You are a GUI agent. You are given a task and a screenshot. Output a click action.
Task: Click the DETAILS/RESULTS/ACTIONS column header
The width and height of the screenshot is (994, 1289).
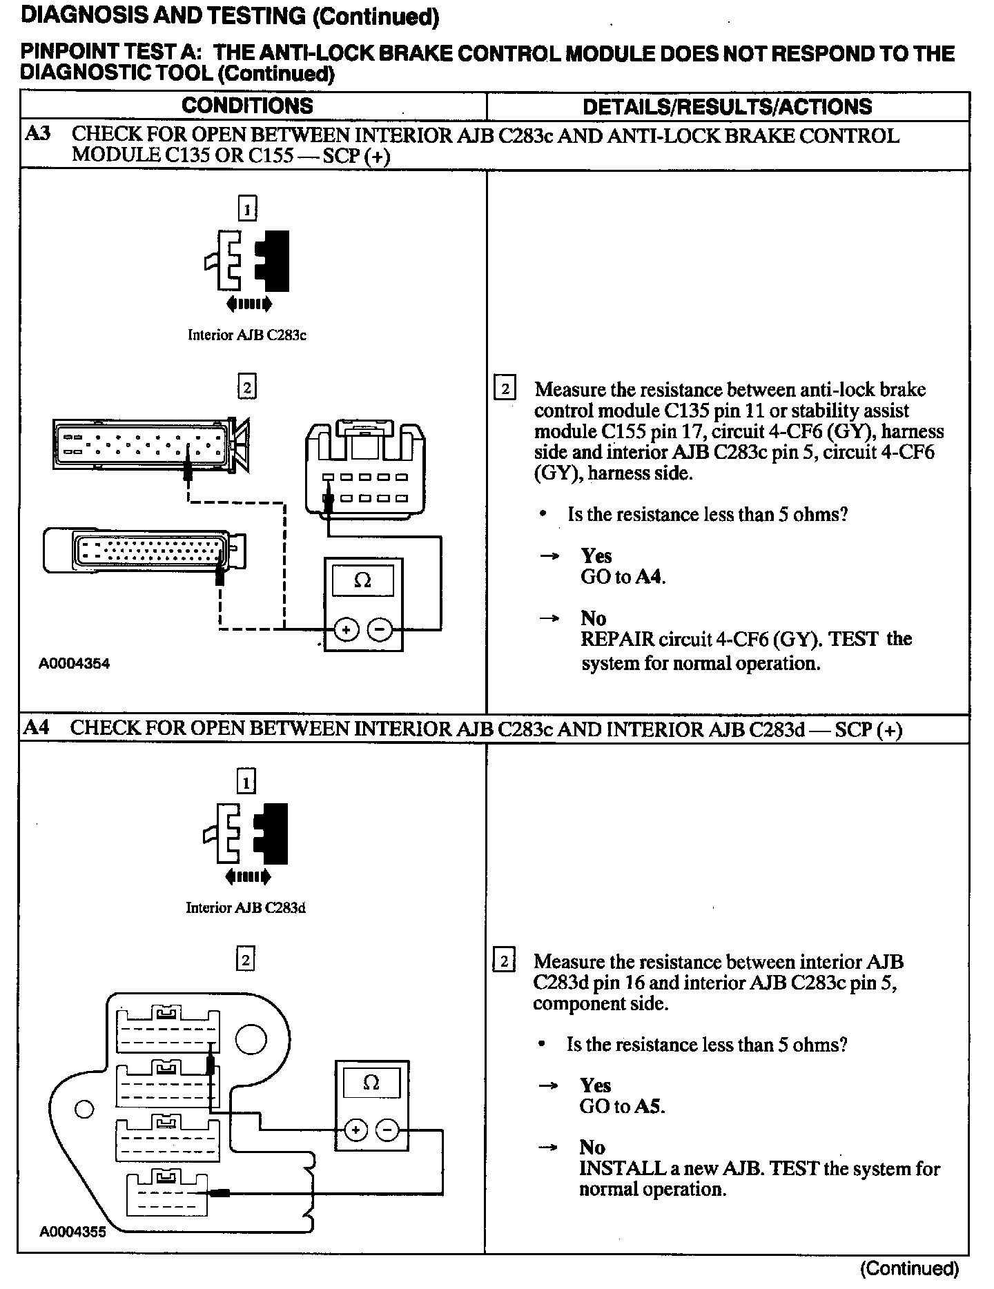[x=727, y=106]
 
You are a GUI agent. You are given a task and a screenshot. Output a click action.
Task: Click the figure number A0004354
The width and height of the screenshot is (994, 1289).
[x=75, y=664]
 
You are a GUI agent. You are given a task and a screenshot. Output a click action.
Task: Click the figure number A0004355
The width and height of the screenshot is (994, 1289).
[x=73, y=1232]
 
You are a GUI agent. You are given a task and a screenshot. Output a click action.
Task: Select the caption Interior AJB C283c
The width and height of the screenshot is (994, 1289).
[x=246, y=335]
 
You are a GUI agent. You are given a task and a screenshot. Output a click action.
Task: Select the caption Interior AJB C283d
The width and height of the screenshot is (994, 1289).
[x=245, y=907]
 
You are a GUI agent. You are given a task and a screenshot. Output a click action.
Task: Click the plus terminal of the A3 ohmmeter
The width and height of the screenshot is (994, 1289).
[x=347, y=629]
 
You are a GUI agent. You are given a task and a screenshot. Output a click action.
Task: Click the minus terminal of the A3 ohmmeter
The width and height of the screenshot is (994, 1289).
[x=380, y=629]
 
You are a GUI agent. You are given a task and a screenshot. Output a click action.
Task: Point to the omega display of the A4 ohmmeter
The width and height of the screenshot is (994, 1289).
[x=371, y=1083]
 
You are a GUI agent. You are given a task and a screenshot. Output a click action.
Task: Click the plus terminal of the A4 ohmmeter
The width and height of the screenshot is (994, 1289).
[x=355, y=1130]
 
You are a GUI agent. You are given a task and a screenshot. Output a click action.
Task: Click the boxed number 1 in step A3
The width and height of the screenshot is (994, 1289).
[x=247, y=208]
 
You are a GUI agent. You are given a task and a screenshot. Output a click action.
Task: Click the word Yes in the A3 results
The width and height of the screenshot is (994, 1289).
[x=596, y=555]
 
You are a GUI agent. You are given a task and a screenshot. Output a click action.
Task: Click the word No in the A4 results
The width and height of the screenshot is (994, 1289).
[x=592, y=1148]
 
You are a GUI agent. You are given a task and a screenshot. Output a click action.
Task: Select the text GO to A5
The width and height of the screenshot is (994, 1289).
[x=621, y=1106]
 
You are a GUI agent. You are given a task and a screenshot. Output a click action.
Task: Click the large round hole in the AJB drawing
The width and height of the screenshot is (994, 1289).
[x=251, y=1039]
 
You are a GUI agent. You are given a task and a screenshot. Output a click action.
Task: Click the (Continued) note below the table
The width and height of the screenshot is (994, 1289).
[x=908, y=1268]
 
